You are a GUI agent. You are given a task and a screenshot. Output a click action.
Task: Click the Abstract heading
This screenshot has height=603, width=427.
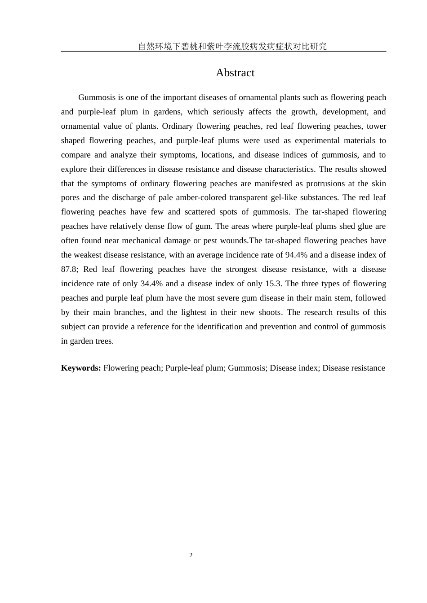(x=235, y=73)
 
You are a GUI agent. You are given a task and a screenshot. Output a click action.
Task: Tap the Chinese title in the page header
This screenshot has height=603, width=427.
(x=232, y=46)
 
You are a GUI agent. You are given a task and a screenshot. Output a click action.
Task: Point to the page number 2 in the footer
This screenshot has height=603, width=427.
(x=191, y=555)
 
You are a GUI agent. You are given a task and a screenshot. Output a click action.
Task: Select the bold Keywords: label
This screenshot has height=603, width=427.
(x=81, y=368)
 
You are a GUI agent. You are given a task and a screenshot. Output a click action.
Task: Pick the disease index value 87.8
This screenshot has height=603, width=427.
(x=70, y=269)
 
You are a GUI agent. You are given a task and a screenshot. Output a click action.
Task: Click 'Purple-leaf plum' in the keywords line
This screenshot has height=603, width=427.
(x=194, y=368)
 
